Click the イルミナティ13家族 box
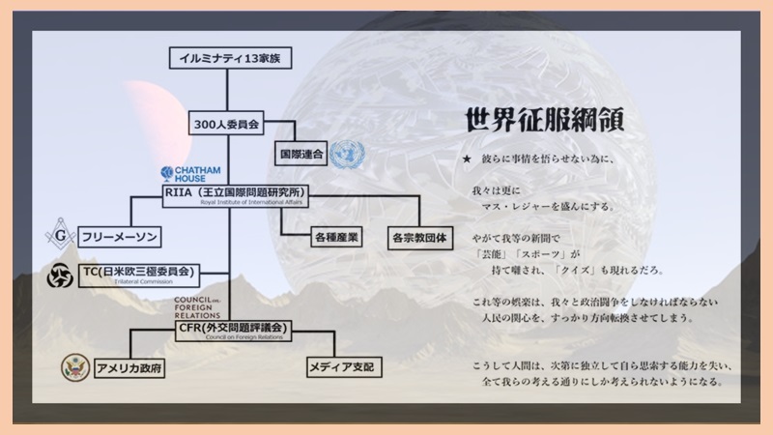pyautogui.click(x=228, y=57)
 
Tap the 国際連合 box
pyautogui.click(x=301, y=153)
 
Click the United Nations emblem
pyautogui.click(x=346, y=153)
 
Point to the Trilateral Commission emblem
pyautogui.click(x=62, y=275)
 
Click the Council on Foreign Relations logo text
pyautogui.click(x=198, y=310)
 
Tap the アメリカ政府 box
pyautogui.click(x=130, y=367)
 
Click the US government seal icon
pyautogui.click(x=74, y=367)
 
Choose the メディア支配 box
pyautogui.click(x=338, y=367)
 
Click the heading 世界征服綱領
pyautogui.click(x=545, y=119)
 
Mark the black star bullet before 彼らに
pyautogui.click(x=467, y=159)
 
